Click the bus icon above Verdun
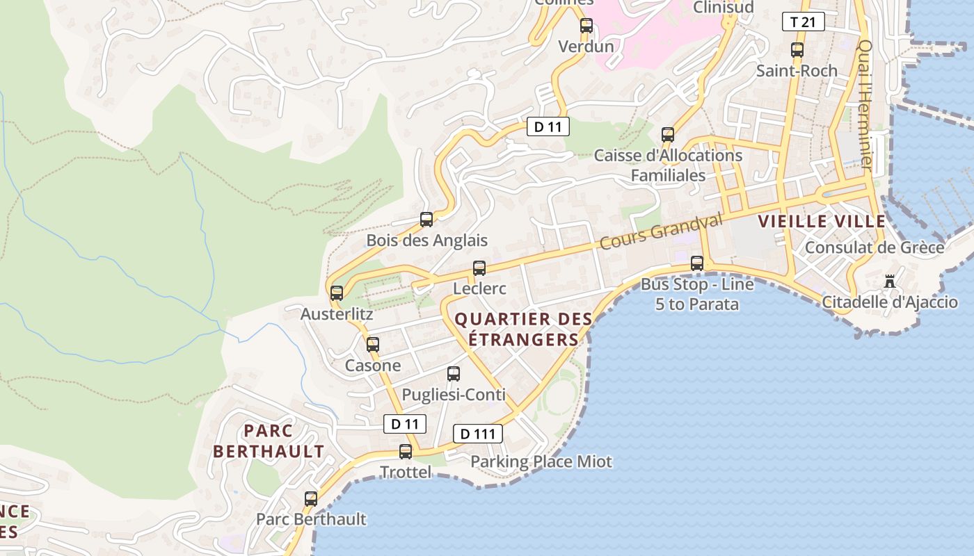(x=586, y=26)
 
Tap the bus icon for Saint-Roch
(x=797, y=50)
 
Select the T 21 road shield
(x=803, y=22)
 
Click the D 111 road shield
(x=478, y=434)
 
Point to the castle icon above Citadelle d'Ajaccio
(x=890, y=281)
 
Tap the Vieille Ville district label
(x=822, y=222)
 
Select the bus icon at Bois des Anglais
(x=426, y=220)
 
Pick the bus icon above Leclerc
(x=479, y=268)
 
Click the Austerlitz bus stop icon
(x=337, y=293)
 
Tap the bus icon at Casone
(x=373, y=344)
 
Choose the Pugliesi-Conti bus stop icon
(x=454, y=374)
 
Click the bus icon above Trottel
(x=406, y=452)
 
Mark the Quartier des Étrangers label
(x=523, y=329)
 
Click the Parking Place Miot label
(x=541, y=461)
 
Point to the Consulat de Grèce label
(x=875, y=247)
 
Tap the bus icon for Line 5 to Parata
(x=697, y=263)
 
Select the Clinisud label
(x=723, y=7)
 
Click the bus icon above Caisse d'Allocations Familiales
(x=668, y=135)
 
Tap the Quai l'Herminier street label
(x=865, y=104)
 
